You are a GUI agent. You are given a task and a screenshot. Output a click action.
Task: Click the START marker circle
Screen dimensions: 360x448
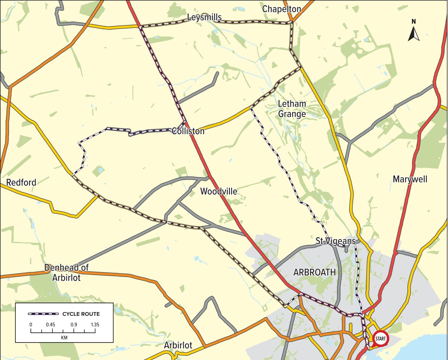click(x=380, y=338)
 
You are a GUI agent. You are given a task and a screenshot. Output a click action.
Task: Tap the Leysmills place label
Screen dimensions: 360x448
click(x=204, y=17)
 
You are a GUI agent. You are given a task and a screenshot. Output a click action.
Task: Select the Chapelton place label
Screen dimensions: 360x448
click(x=282, y=9)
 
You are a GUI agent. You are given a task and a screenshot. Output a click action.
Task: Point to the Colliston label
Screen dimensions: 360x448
click(x=188, y=131)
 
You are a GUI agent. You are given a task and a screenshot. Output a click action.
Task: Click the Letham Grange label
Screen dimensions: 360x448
click(x=292, y=109)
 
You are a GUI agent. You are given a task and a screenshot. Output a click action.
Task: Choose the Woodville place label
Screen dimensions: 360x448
click(x=219, y=191)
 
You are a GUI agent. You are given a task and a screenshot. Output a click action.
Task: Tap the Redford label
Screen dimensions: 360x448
click(x=21, y=182)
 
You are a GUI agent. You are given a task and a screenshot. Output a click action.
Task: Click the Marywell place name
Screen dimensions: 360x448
click(x=410, y=179)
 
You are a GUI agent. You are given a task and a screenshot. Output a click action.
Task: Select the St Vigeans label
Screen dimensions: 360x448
click(x=335, y=241)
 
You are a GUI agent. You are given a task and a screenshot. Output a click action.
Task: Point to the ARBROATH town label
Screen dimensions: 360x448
click(x=315, y=272)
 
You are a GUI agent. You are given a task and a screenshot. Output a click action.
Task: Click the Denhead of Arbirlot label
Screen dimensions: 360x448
click(x=66, y=273)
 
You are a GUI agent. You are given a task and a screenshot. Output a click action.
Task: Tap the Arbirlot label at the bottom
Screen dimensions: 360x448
click(x=178, y=345)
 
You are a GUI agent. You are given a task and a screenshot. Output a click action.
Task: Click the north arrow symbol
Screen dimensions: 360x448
click(x=414, y=35)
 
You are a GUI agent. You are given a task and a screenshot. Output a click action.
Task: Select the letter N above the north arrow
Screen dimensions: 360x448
click(x=414, y=21)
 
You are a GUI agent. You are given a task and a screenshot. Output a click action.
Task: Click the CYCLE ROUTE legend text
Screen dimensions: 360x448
click(x=81, y=314)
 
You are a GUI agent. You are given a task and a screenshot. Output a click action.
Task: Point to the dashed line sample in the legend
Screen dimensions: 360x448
click(x=43, y=314)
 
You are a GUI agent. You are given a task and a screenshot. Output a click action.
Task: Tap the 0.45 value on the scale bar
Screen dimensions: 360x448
click(x=50, y=325)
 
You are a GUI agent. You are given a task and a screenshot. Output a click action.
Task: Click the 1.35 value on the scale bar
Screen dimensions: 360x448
click(x=95, y=325)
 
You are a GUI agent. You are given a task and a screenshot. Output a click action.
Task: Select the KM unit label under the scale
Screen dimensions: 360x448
click(x=64, y=338)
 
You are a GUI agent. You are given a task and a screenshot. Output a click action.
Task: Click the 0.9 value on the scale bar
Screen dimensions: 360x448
click(x=74, y=325)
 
